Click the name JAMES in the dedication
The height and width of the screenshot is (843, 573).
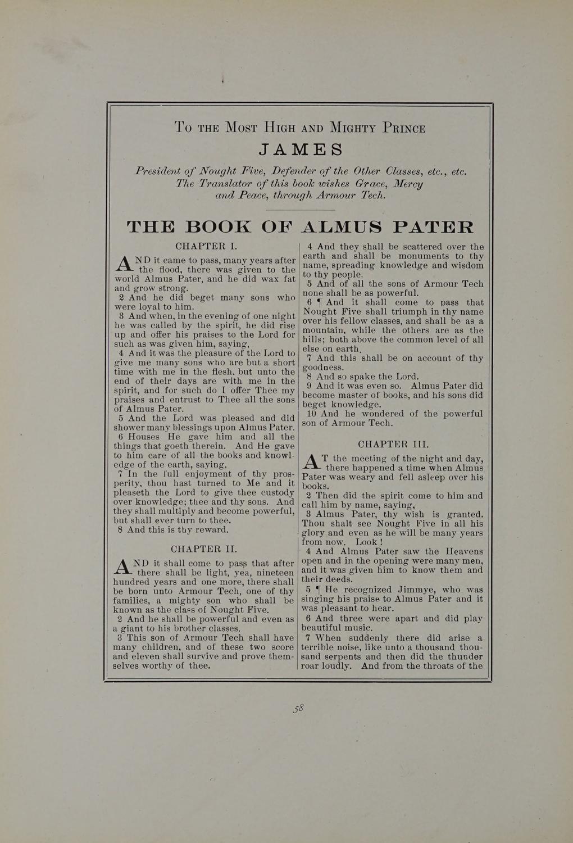click(301, 150)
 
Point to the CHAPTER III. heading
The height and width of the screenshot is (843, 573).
click(393, 444)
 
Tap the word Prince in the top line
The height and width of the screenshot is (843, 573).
click(404, 128)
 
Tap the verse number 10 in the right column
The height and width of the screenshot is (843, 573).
click(310, 414)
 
